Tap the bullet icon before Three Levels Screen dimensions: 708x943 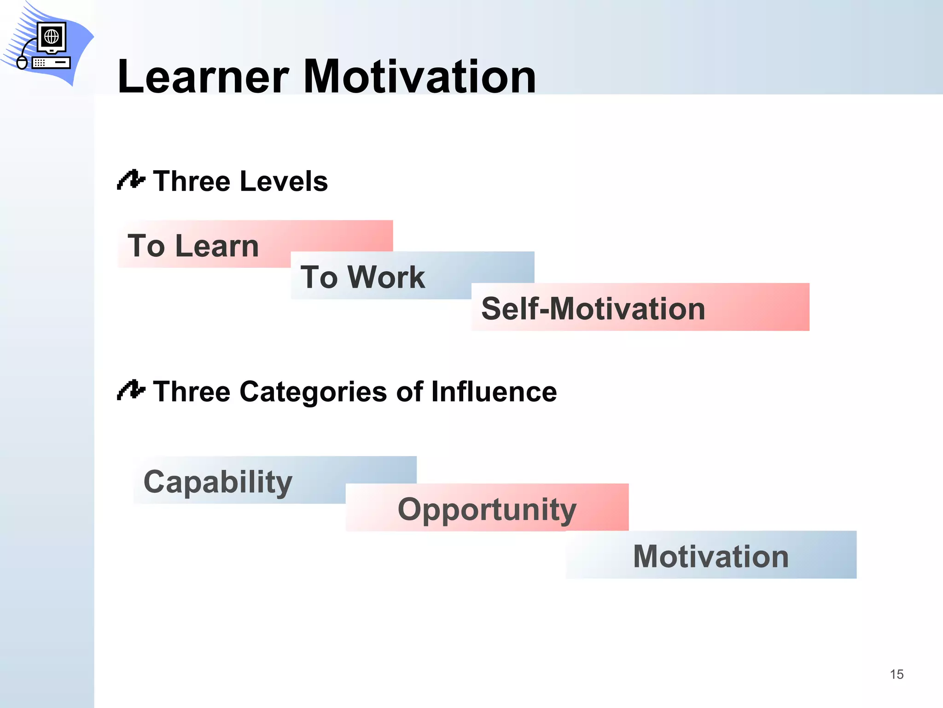131,180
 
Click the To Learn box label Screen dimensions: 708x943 193,246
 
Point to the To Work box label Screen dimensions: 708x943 362,277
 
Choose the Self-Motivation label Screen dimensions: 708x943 593,308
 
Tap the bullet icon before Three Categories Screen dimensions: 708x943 131,390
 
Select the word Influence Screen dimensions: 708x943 494,392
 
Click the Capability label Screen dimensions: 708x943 218,482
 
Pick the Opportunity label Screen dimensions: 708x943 487,510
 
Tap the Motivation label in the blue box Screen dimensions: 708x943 710,556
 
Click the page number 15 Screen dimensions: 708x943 896,674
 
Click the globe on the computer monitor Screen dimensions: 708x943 52,36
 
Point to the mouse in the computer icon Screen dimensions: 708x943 22,62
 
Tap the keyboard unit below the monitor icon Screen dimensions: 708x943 51,62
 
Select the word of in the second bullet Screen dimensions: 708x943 409,392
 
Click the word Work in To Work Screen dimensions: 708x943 386,277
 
